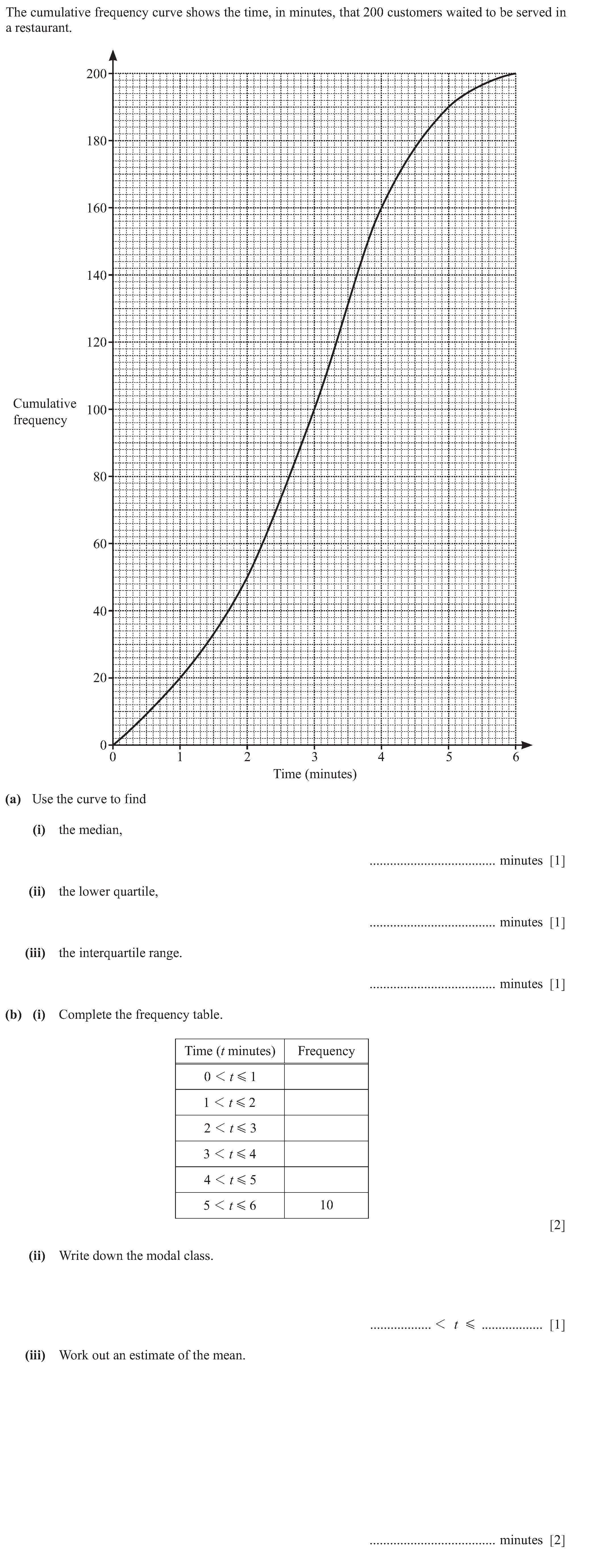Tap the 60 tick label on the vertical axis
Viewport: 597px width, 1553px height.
[99, 544]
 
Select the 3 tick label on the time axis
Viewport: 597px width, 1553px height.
[314, 757]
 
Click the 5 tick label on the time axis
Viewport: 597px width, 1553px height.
[448, 757]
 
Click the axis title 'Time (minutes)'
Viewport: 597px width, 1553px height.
[315, 774]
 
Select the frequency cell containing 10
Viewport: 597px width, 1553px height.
[326, 1205]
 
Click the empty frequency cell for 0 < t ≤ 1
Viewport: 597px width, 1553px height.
[326, 1077]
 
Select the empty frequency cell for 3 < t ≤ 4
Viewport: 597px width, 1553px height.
[326, 1154]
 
